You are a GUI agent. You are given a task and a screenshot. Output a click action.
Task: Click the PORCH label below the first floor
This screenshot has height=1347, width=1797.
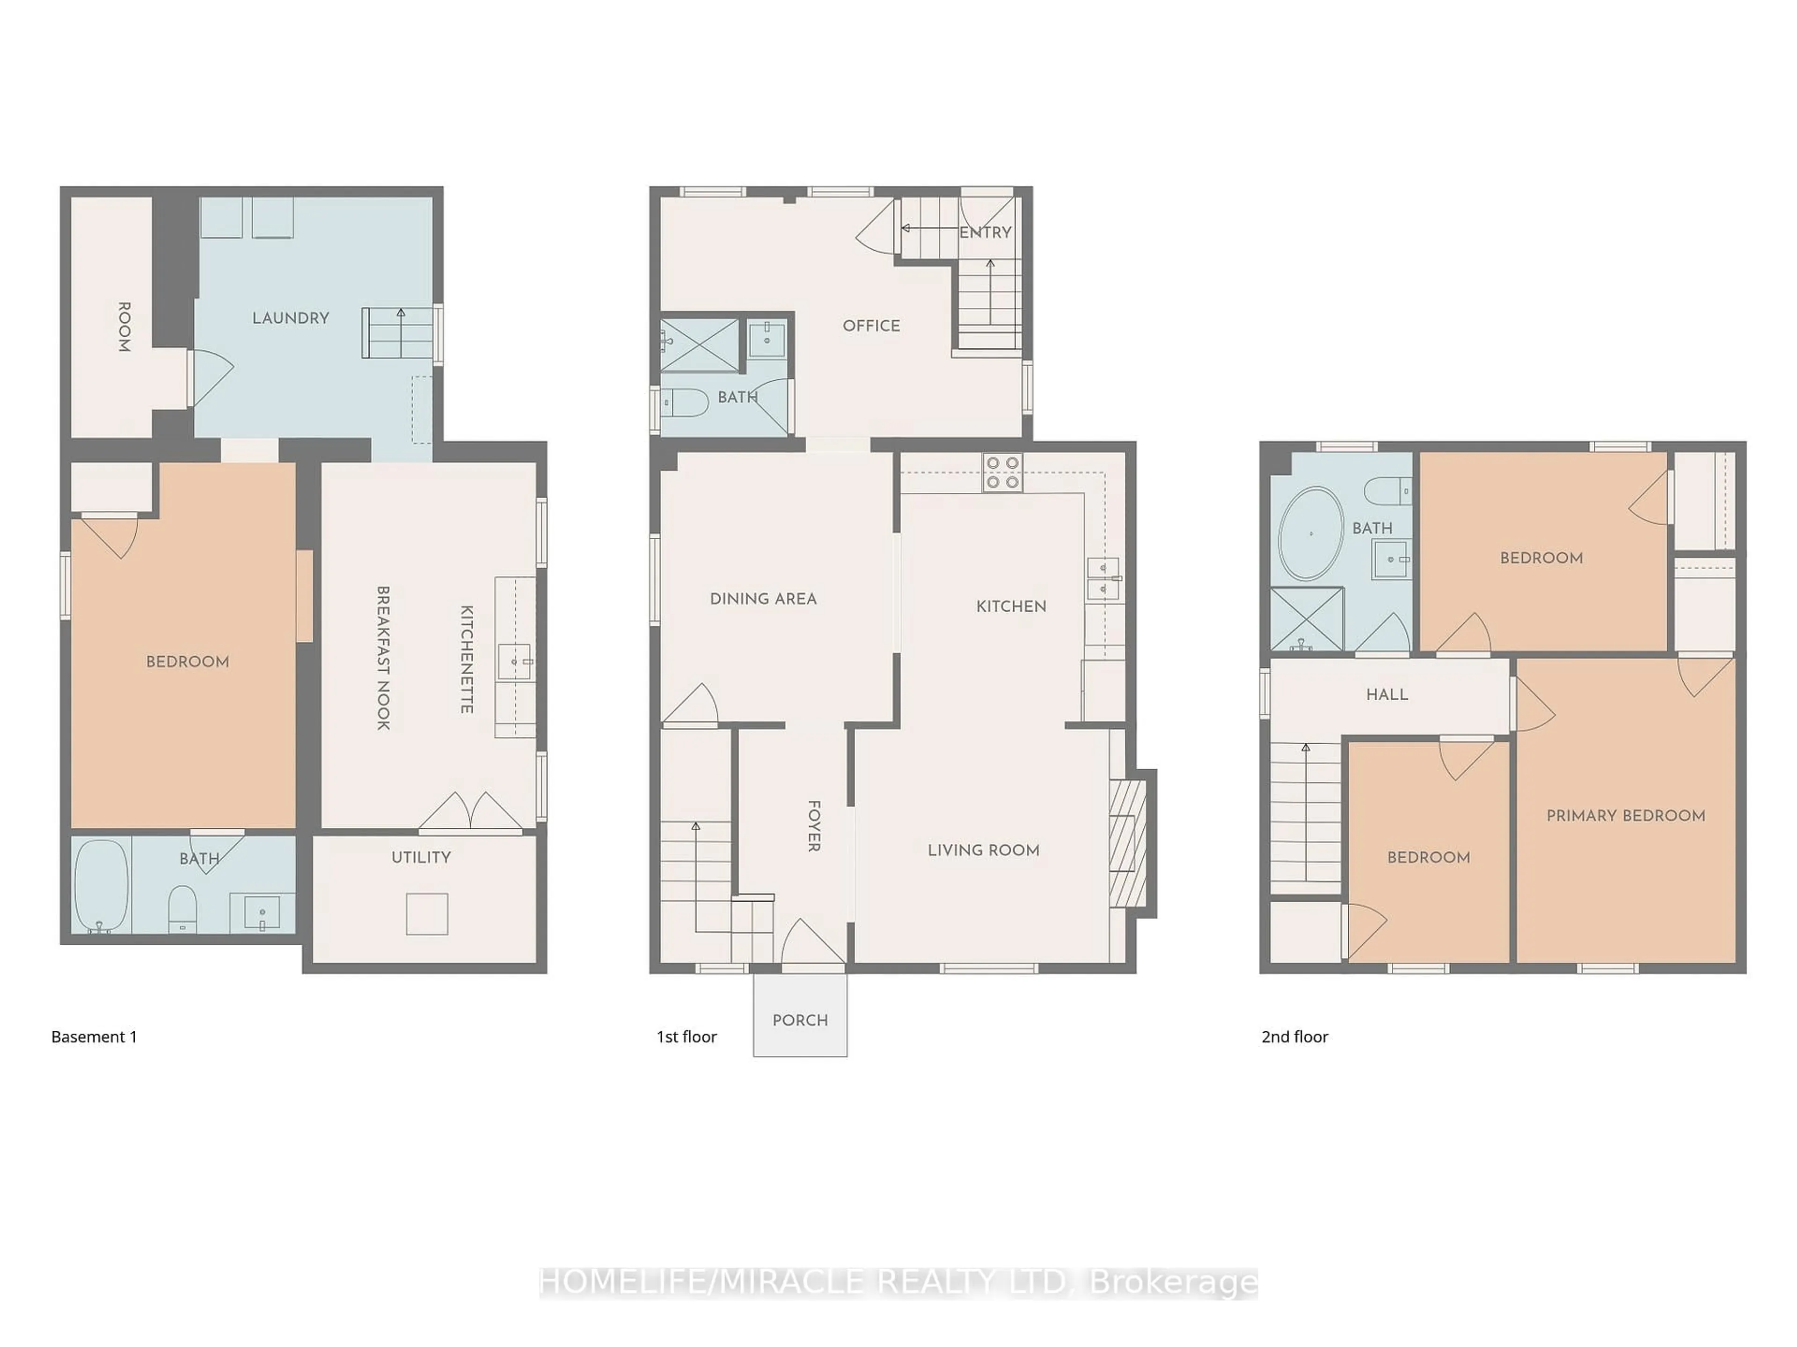pyautogui.click(x=800, y=1020)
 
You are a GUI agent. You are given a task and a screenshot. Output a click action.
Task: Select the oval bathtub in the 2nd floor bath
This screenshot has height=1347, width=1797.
pyautogui.click(x=1310, y=534)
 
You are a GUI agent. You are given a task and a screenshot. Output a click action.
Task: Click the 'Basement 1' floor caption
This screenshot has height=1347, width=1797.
pyautogui.click(x=94, y=1037)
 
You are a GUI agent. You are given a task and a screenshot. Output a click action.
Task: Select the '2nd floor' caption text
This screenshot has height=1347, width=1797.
pyautogui.click(x=1295, y=1037)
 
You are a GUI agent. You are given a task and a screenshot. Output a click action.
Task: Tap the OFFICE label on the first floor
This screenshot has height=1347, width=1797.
pyautogui.click(x=871, y=326)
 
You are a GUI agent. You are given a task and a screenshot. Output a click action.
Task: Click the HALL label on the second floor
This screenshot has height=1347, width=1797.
pyautogui.click(x=1387, y=694)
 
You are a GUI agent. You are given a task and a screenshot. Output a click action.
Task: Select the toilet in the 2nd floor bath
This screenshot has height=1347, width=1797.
pyautogui.click(x=1388, y=491)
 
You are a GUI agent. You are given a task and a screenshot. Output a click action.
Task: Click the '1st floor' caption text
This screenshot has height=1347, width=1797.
pyautogui.click(x=687, y=1037)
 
